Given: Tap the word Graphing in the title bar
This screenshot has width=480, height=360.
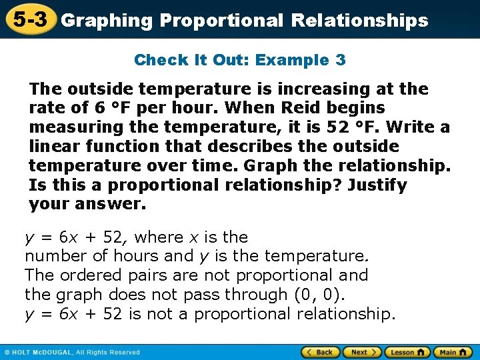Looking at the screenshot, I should (106, 21).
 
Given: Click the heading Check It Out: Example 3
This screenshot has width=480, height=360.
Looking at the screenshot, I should (240, 60).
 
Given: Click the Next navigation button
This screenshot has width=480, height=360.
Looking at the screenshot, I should (363, 352).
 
